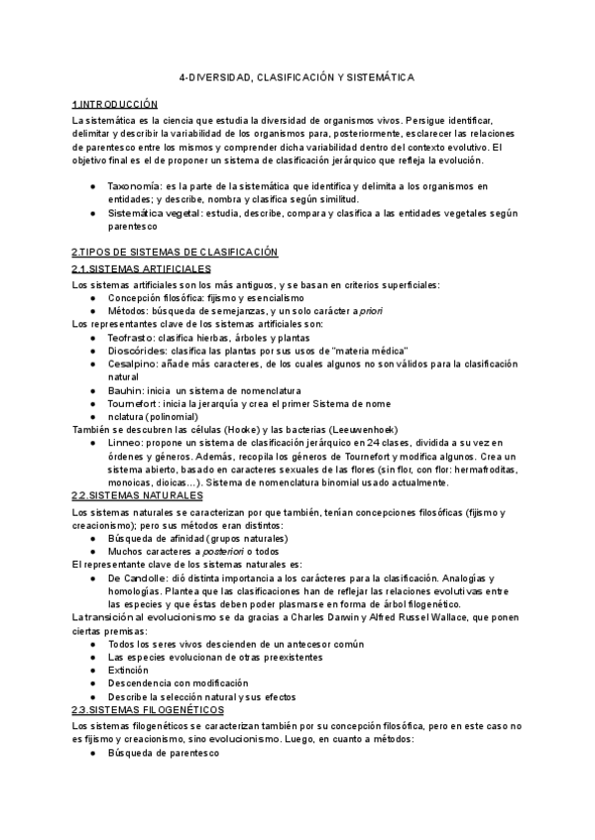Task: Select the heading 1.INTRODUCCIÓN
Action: point(115,104)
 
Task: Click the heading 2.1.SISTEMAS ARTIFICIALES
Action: point(141,269)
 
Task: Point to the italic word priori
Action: point(369,311)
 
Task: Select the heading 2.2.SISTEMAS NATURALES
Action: point(138,494)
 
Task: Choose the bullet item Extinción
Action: point(132,671)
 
